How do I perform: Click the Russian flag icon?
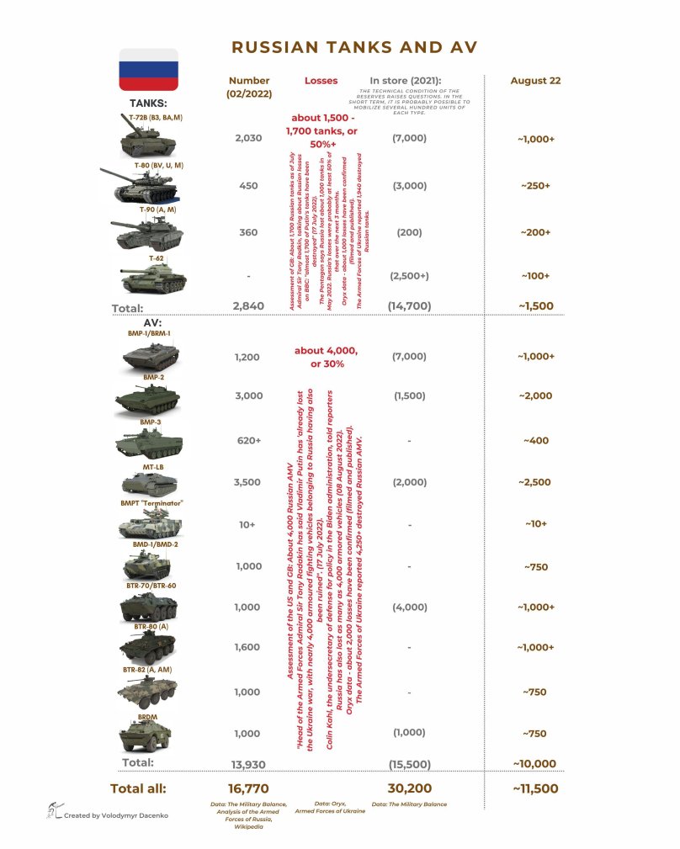click(147, 69)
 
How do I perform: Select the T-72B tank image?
click(147, 141)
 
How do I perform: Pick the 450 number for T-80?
click(249, 186)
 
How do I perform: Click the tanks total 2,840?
click(249, 308)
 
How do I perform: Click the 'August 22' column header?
click(535, 81)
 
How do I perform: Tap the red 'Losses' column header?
click(321, 81)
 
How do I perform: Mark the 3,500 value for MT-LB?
click(249, 482)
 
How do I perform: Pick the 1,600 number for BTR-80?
click(249, 646)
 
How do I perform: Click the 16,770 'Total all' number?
click(249, 788)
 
